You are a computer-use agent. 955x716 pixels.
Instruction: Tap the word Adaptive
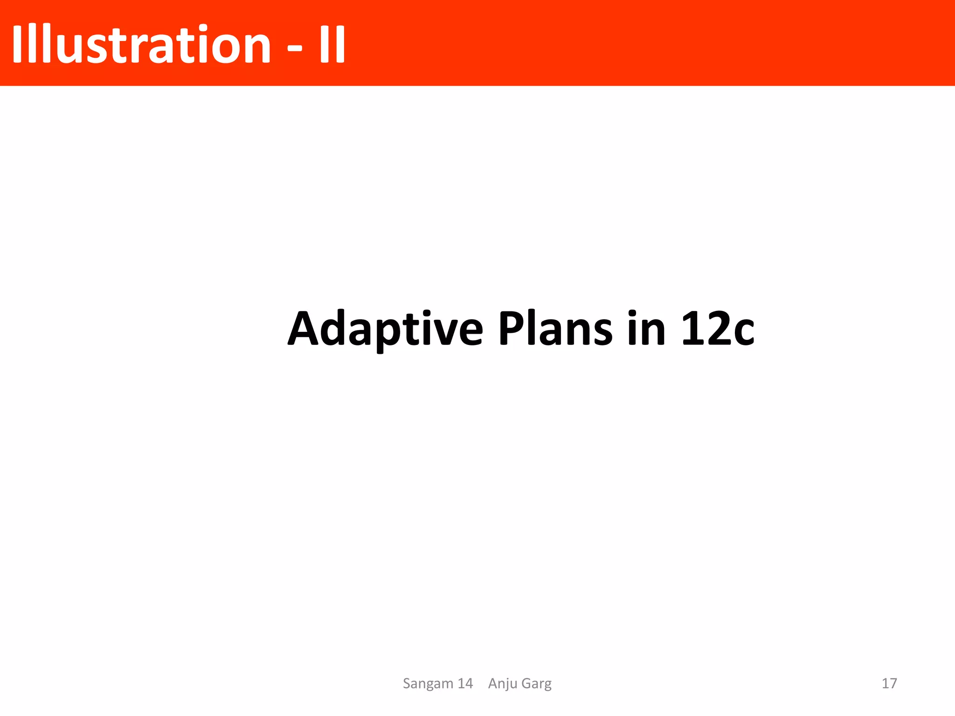(385, 329)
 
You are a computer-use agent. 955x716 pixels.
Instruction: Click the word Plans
(555, 329)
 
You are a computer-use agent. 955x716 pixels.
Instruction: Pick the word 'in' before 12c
(646, 329)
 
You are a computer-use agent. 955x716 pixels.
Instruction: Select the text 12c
(717, 329)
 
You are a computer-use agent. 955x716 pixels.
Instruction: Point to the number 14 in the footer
(465, 683)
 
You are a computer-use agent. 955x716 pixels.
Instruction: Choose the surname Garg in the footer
(537, 684)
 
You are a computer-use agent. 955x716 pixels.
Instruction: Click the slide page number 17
(889, 683)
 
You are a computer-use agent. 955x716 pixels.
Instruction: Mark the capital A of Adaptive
(303, 329)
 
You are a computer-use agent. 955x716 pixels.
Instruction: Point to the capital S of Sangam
(407, 683)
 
